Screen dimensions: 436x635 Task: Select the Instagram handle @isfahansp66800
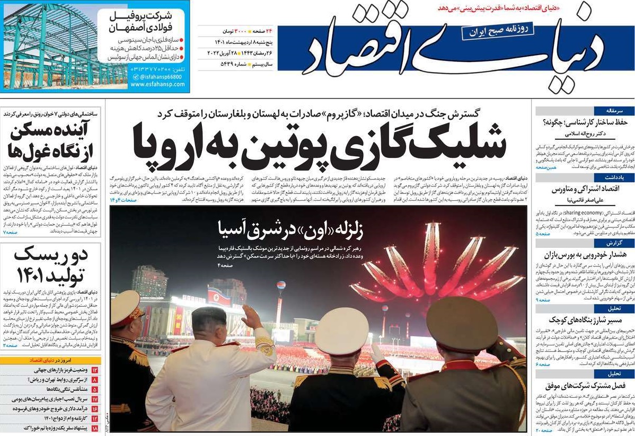coord(159,76)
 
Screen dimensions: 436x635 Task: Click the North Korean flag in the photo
coord(219,297)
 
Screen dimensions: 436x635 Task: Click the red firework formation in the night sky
coord(435,265)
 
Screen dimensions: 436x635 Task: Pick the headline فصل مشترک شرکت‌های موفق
coord(583,385)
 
